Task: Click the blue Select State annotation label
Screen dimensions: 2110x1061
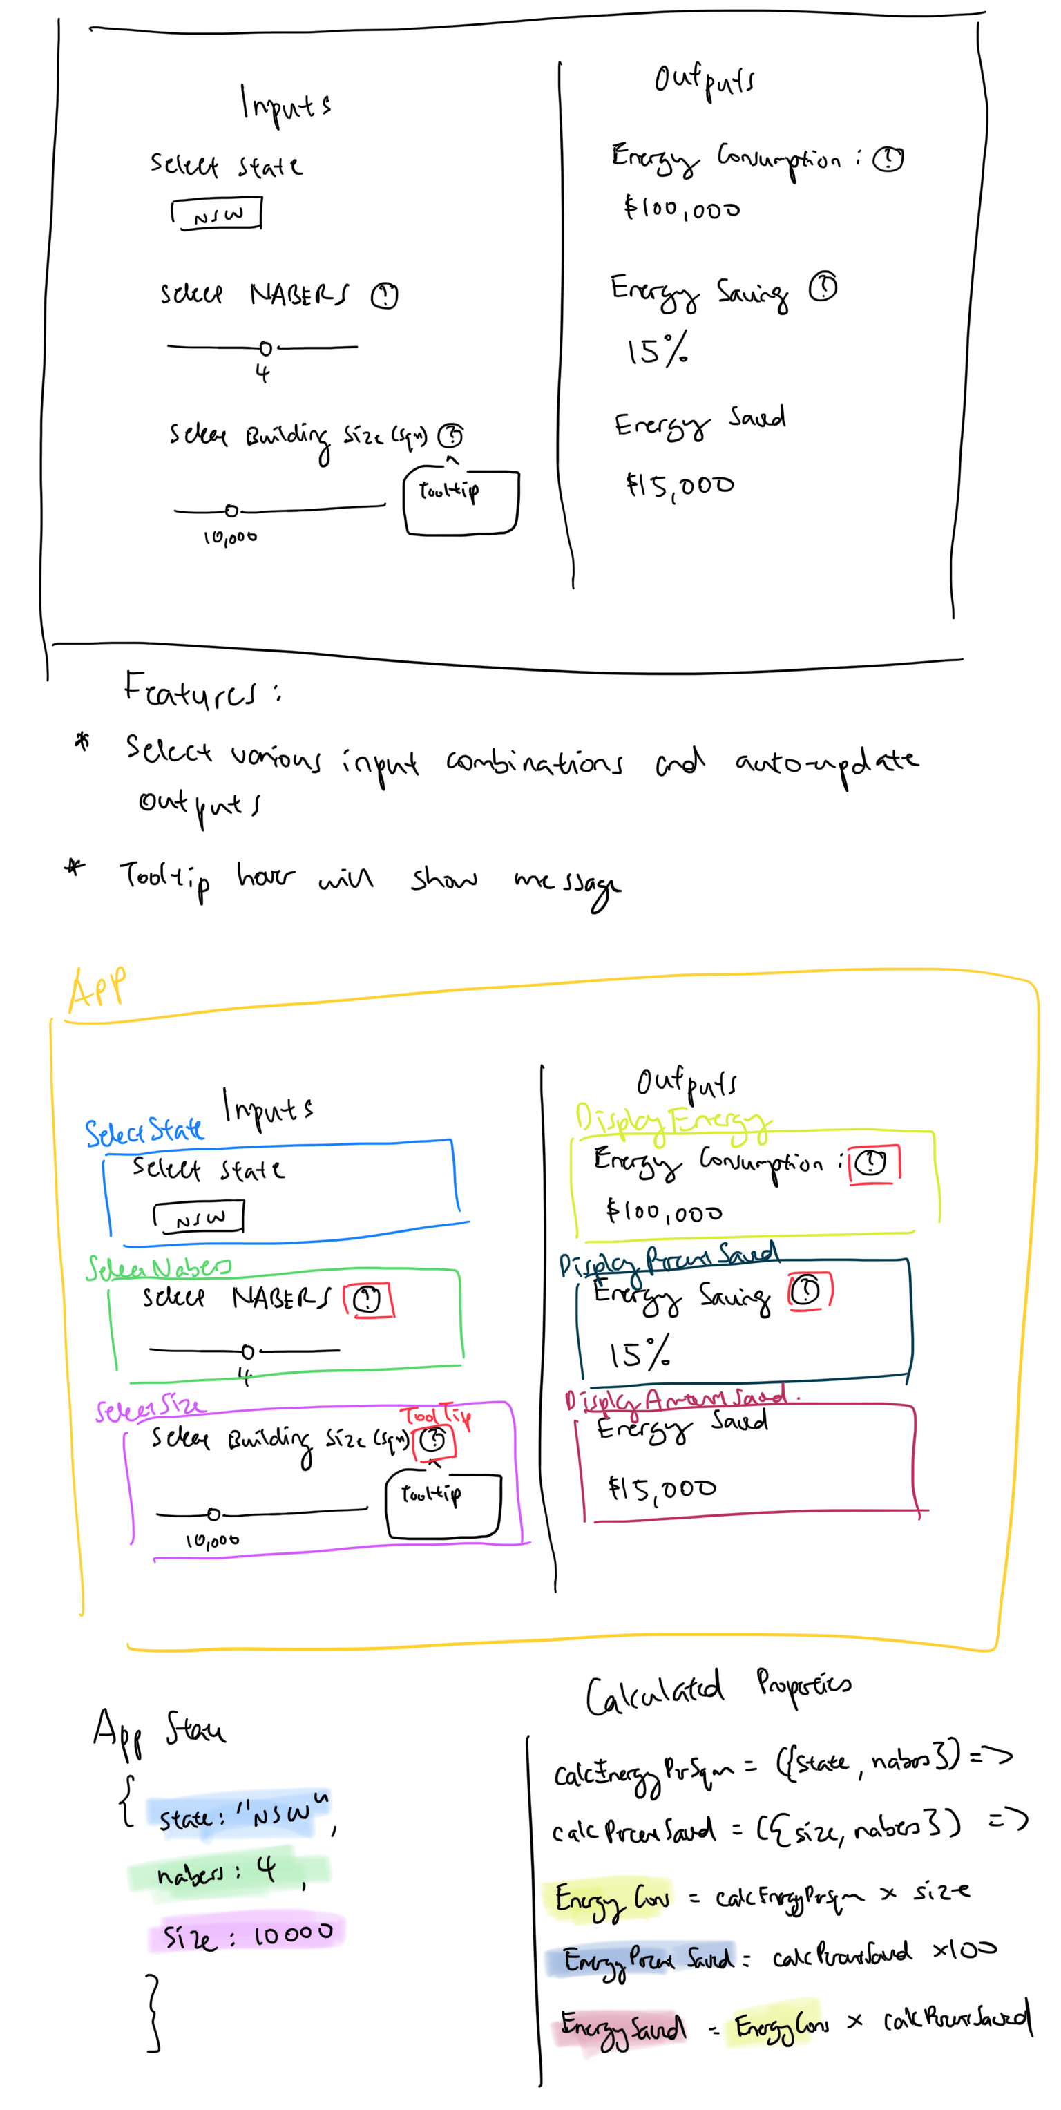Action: [x=144, y=1131]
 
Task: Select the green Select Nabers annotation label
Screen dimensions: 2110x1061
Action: [x=158, y=1268]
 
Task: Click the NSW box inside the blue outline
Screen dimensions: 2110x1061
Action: [x=198, y=1217]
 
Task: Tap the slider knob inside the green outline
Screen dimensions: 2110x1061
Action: [x=247, y=1351]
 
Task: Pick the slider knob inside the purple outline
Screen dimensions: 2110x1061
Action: [x=213, y=1514]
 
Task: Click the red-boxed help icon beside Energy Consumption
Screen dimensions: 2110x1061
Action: [x=872, y=1162]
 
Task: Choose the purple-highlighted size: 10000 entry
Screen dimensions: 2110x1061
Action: [x=246, y=1935]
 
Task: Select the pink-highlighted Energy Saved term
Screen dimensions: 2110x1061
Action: [x=622, y=2026]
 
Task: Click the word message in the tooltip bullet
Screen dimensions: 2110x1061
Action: [x=566, y=883]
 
